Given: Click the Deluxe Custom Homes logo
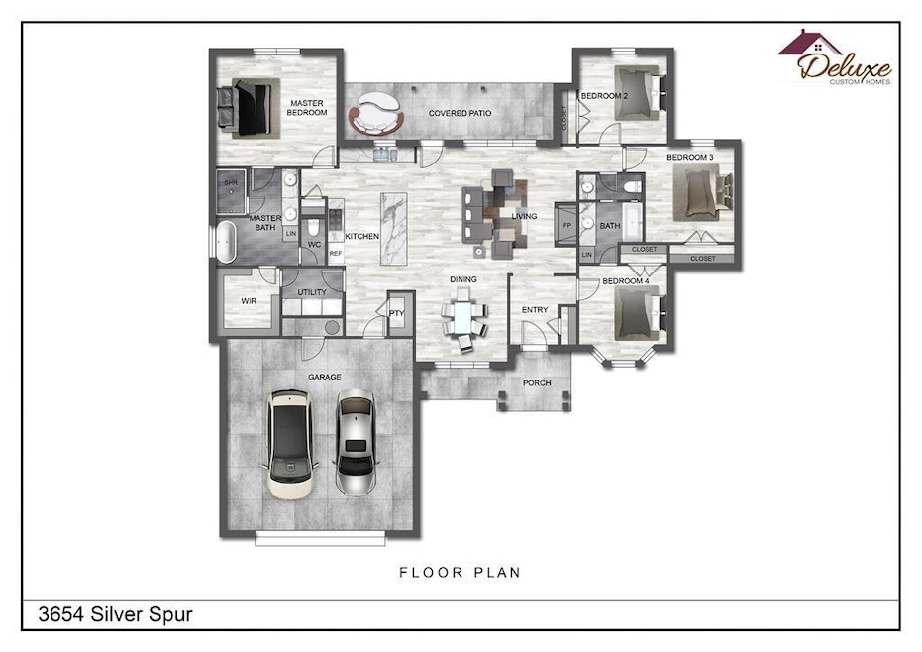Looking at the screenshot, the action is (x=835, y=57).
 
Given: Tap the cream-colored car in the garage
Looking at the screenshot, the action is (x=289, y=444).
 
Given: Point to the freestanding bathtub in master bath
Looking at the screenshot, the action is (x=226, y=242).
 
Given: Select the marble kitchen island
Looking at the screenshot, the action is (x=393, y=228).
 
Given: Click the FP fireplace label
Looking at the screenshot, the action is (x=567, y=225).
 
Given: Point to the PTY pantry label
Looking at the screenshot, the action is (x=397, y=313).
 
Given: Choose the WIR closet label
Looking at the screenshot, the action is (x=249, y=300).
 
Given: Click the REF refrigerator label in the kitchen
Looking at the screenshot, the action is (x=335, y=253).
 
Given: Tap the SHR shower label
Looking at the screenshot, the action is (x=231, y=183).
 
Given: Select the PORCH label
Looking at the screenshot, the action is (x=537, y=383).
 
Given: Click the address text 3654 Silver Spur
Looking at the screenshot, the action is (x=115, y=615).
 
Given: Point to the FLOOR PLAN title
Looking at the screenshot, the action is (x=460, y=572).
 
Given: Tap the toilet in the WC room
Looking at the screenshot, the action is (x=313, y=227).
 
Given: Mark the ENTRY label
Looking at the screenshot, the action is (x=535, y=309).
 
